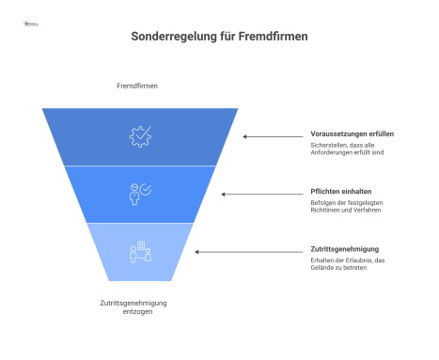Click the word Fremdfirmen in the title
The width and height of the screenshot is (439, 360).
point(273,38)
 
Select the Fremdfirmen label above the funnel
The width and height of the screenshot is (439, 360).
point(136,86)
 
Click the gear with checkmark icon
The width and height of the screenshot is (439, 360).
point(139,136)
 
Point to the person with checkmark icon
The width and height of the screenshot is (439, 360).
point(139,194)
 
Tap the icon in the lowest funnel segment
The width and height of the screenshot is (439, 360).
point(139,251)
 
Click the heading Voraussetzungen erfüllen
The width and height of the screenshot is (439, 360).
point(352,133)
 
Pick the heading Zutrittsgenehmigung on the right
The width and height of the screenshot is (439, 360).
point(344,249)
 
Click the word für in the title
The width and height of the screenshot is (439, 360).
point(224,38)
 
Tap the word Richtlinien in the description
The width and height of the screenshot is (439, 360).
point(329,211)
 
